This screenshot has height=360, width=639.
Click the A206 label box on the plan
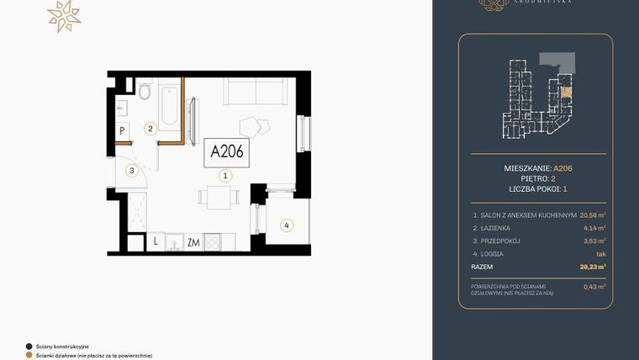click(226, 151)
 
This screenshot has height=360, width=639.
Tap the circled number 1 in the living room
click(225, 177)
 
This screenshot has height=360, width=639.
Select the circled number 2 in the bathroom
click(151, 129)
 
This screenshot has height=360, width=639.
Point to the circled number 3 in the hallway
click(132, 171)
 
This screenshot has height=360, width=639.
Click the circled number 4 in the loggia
click(287, 225)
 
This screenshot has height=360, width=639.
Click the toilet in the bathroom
click(144, 91)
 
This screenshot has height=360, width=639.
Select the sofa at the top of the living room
click(249, 90)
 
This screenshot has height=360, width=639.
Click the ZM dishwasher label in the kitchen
click(193, 243)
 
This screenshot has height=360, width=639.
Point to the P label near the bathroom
click(123, 130)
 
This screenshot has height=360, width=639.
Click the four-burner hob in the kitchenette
click(212, 243)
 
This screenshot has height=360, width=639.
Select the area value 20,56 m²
click(592, 214)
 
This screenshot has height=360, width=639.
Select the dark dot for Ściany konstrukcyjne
click(29, 346)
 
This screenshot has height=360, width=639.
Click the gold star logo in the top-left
click(64, 16)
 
